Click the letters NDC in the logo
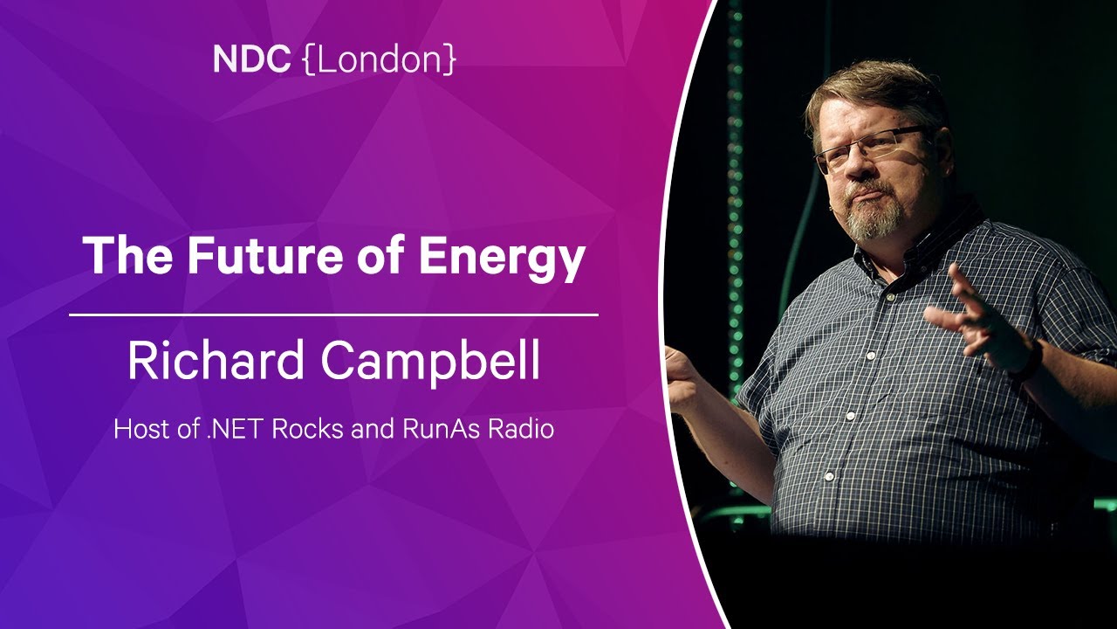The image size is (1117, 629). (252, 59)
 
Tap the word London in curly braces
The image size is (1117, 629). (380, 59)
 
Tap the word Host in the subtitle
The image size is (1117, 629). (142, 429)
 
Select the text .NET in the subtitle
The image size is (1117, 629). (235, 429)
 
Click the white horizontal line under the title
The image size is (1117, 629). (333, 315)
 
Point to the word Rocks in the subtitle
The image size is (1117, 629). (308, 429)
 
